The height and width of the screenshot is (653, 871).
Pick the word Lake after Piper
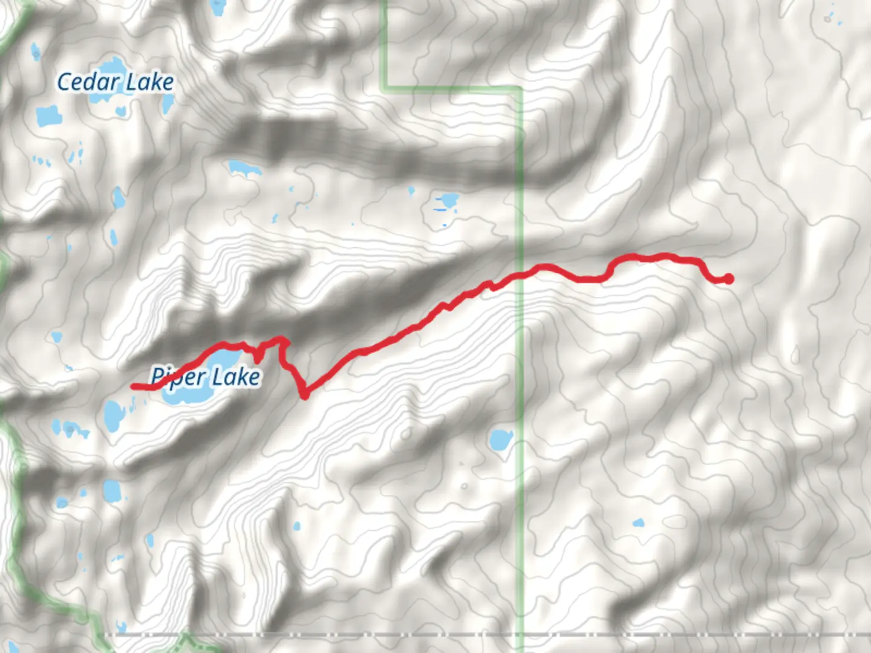coord(237,377)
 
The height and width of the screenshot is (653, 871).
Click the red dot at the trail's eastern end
coord(729,278)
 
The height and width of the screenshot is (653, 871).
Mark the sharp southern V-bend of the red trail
coord(304,395)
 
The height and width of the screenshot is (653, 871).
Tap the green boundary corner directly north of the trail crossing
coord(520,89)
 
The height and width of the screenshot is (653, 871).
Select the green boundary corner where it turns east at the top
coord(385,88)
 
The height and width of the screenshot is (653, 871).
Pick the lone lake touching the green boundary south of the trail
coord(500,441)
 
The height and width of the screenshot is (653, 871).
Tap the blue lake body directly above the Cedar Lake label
coord(110,67)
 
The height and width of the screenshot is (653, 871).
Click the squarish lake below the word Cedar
coord(48,115)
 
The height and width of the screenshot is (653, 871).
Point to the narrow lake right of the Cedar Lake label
coord(168,104)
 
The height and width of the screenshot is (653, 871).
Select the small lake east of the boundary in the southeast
coord(638,523)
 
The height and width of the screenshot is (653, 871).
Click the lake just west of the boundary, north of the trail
coord(448,200)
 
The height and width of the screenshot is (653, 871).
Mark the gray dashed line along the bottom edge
coord(423,635)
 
